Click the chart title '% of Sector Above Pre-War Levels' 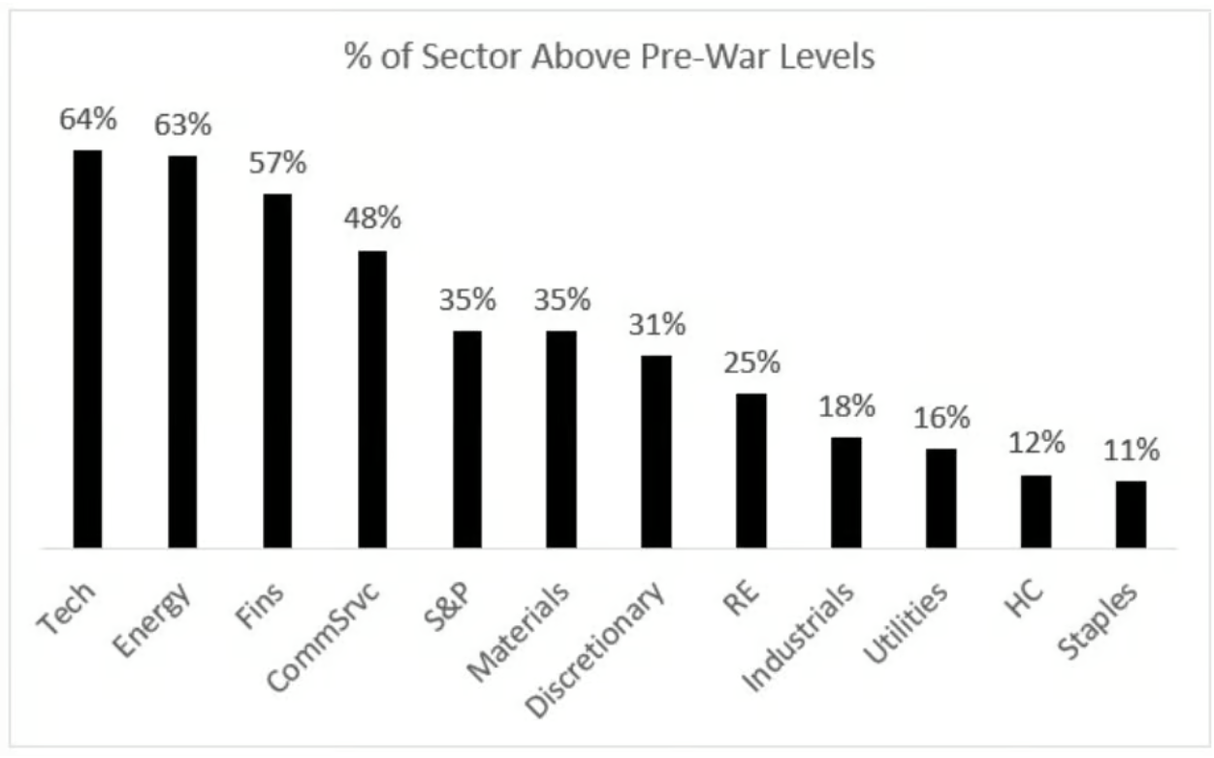coord(609,57)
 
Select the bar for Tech coord(87,349)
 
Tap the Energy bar coord(182,352)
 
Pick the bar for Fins coord(277,371)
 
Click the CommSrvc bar coord(372,399)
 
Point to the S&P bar coord(467,439)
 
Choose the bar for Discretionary coord(656,452)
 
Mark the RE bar coord(751,470)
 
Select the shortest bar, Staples coord(1131,515)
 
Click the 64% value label coord(88,120)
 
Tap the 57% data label coord(277,163)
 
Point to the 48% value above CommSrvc coord(372,219)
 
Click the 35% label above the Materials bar coord(561,300)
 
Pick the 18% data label coord(847,406)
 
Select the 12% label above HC coord(1037,444)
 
